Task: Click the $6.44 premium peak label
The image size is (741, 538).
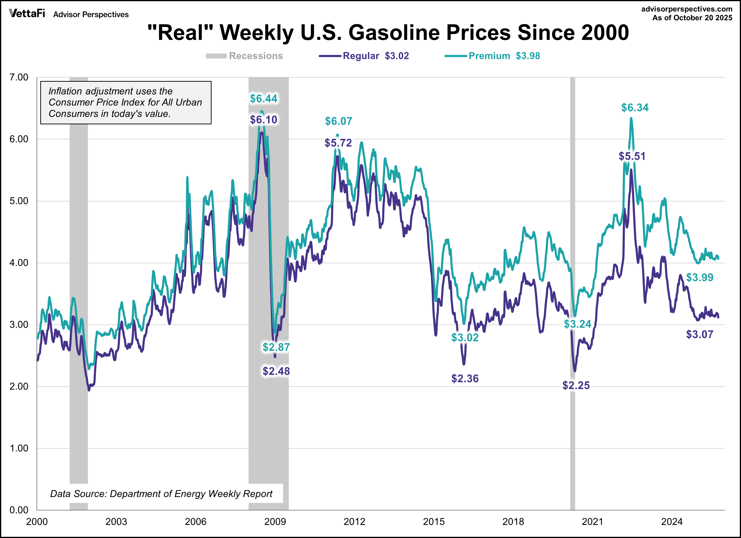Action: pyautogui.click(x=263, y=98)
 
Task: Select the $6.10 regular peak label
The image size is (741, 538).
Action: pyautogui.click(x=263, y=120)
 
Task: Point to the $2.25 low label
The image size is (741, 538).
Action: pyautogui.click(x=576, y=386)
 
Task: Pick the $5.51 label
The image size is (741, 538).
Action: pyautogui.click(x=632, y=156)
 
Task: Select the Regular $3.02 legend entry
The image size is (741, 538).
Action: pyautogui.click(x=364, y=56)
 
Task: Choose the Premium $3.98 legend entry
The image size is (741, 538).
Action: pyautogui.click(x=492, y=56)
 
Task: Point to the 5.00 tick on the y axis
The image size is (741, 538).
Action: pyautogui.click(x=19, y=201)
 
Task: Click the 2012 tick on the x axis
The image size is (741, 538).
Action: pyautogui.click(x=354, y=522)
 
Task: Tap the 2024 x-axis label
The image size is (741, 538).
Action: pyautogui.click(x=672, y=522)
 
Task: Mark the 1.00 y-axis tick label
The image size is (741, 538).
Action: pyautogui.click(x=19, y=448)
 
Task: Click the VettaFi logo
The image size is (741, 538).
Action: pyautogui.click(x=27, y=13)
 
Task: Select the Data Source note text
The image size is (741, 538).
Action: pyautogui.click(x=161, y=493)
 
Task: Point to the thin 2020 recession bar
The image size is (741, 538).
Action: pyautogui.click(x=572, y=294)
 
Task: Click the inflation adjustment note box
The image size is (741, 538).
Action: pyautogui.click(x=126, y=103)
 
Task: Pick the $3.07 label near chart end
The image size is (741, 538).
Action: pyautogui.click(x=700, y=335)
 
